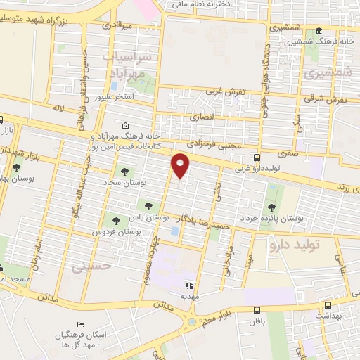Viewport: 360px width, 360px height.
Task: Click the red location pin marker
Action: coord(181,166)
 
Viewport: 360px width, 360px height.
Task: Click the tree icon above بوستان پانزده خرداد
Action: coord(271,207)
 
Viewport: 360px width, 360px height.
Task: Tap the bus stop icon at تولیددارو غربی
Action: coord(256,158)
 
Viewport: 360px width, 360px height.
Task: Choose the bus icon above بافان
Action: coord(256,310)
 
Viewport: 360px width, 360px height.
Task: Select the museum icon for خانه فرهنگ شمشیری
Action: coord(319,32)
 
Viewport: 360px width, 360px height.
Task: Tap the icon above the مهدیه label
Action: coord(188,285)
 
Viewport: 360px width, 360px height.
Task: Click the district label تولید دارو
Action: coord(295,245)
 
